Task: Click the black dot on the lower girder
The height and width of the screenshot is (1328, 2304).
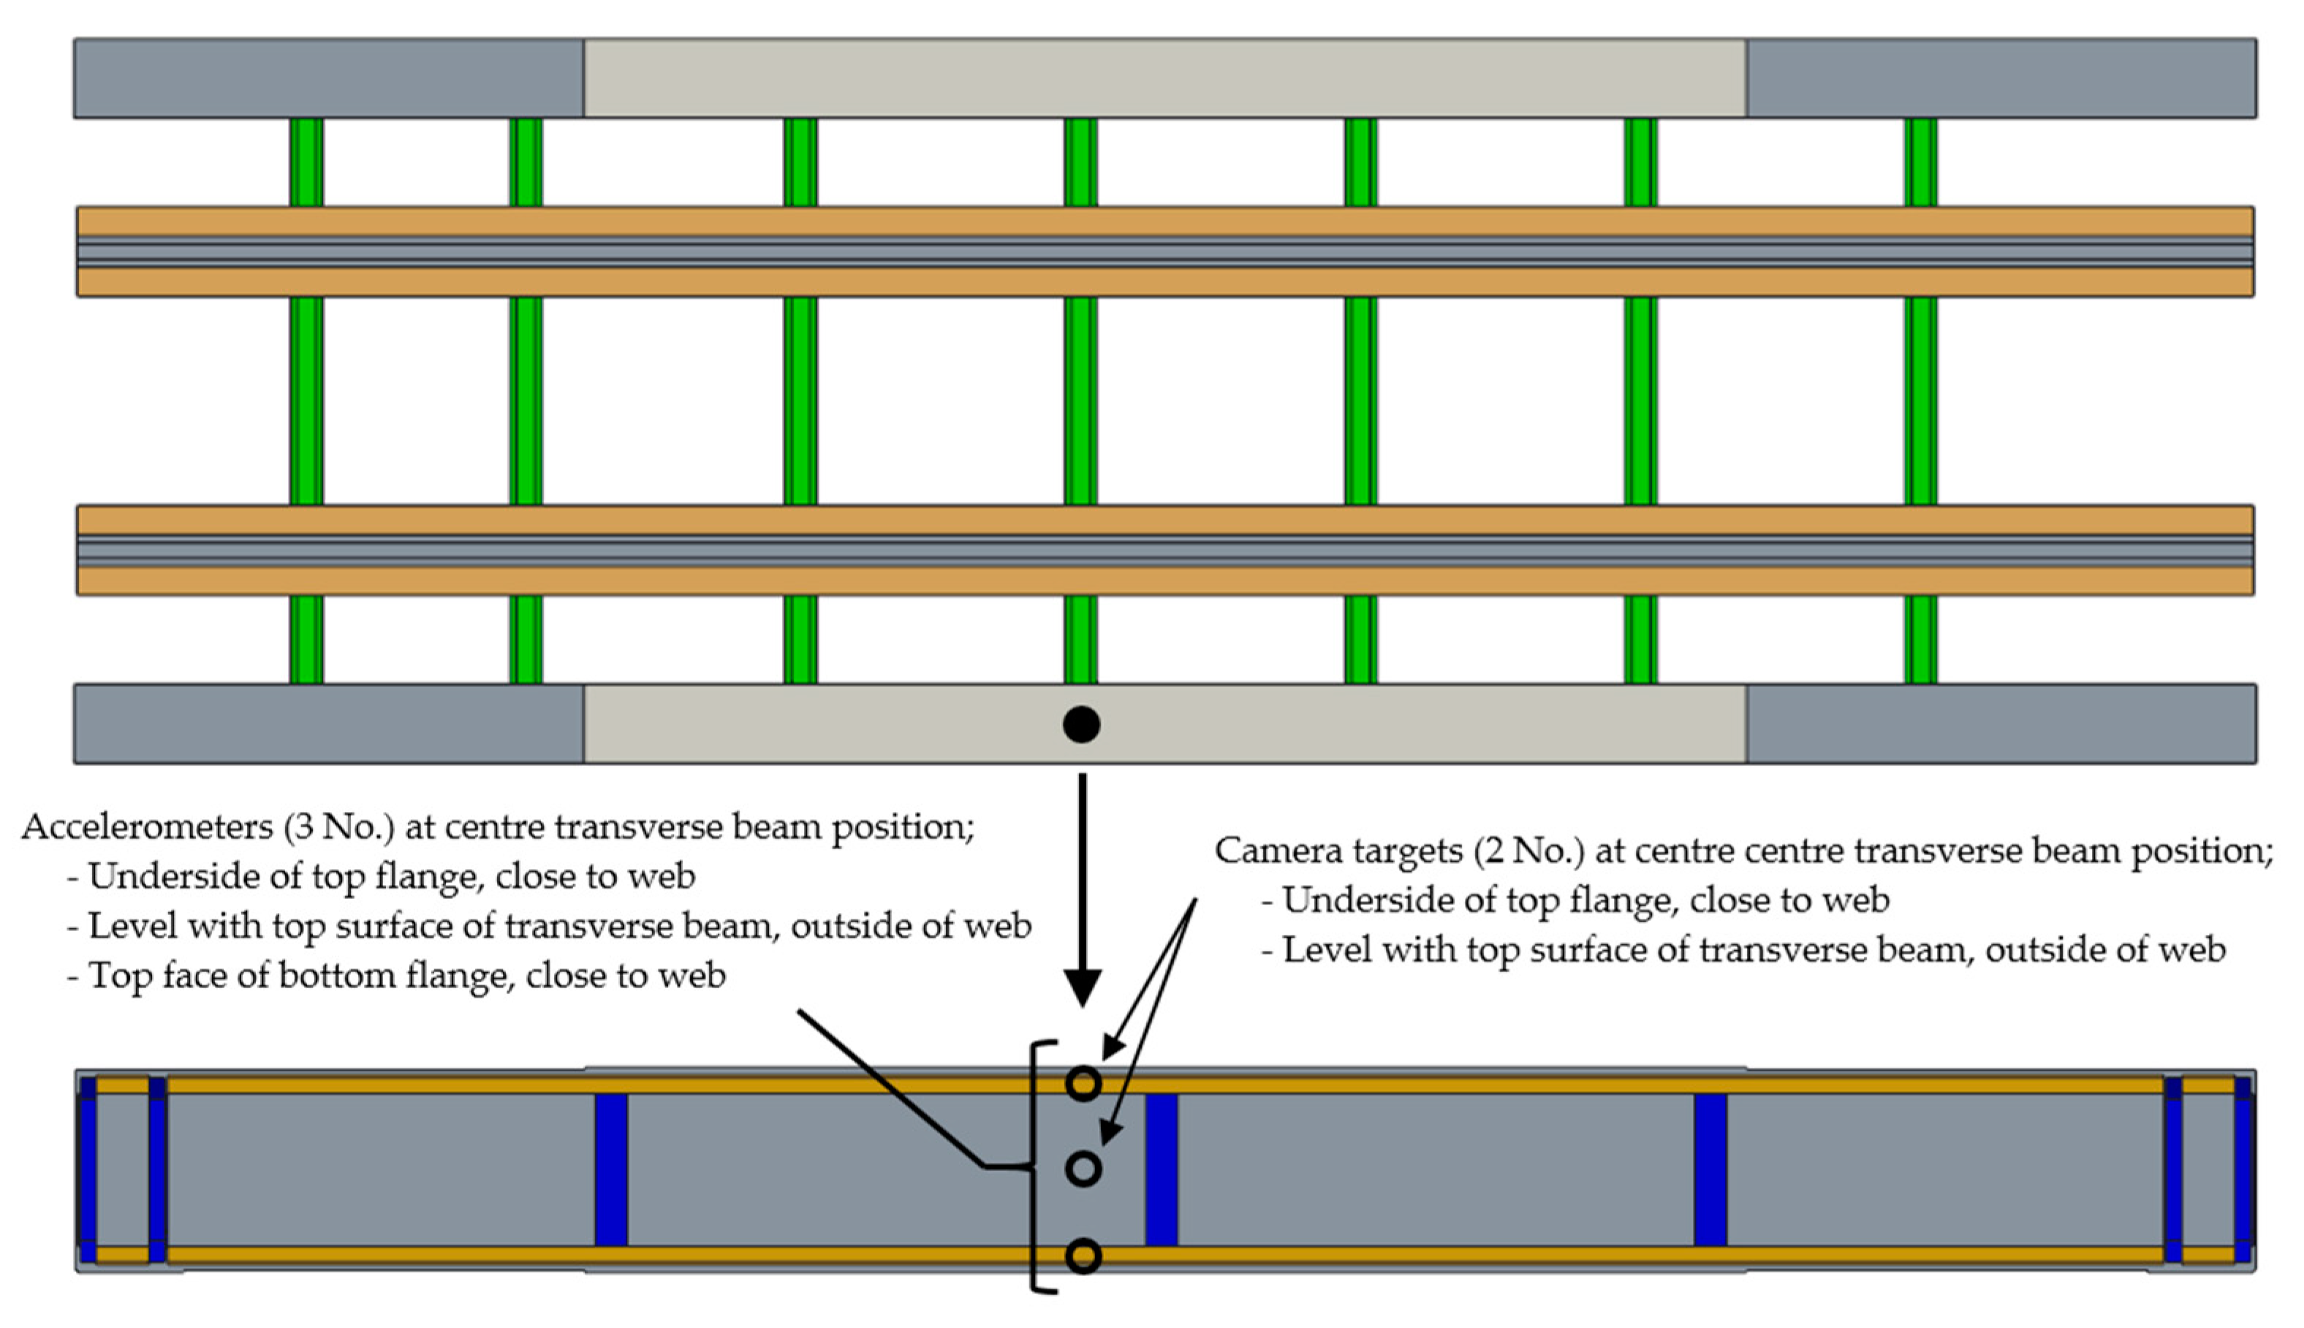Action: click(1081, 724)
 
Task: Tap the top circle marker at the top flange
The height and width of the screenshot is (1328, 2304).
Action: click(1083, 1084)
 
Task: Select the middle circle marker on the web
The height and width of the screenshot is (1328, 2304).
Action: click(1083, 1169)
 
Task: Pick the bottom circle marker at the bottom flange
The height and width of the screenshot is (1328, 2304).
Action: click(1083, 1256)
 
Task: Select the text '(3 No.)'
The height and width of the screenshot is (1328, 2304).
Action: click(338, 827)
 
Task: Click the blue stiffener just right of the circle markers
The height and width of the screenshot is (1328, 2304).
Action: click(1161, 1169)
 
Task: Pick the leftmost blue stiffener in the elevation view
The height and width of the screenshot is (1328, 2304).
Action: click(88, 1169)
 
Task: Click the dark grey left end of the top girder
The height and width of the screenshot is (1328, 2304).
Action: click(328, 77)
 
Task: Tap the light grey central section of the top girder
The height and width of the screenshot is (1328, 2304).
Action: click(1164, 77)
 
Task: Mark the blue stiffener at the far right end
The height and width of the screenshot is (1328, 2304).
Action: click(2243, 1169)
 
